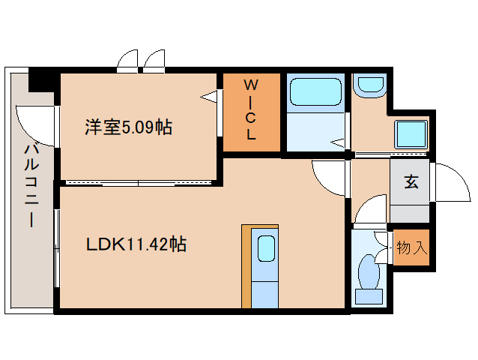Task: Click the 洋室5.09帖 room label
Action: [x=128, y=127]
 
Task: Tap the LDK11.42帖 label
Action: [x=136, y=244]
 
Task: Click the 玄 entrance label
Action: [x=411, y=182]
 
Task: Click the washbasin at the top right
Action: [x=368, y=85]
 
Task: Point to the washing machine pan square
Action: [x=411, y=134]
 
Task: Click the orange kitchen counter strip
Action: [x=246, y=266]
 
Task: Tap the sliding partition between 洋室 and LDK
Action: [x=139, y=182]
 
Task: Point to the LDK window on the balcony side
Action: [x=57, y=247]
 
